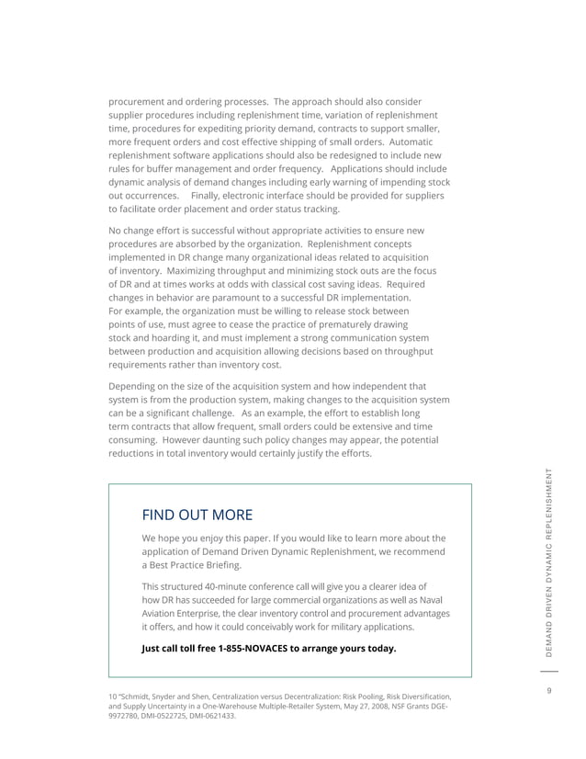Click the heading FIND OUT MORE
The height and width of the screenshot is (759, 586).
click(197, 514)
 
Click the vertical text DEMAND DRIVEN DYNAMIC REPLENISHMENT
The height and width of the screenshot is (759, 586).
click(547, 563)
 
